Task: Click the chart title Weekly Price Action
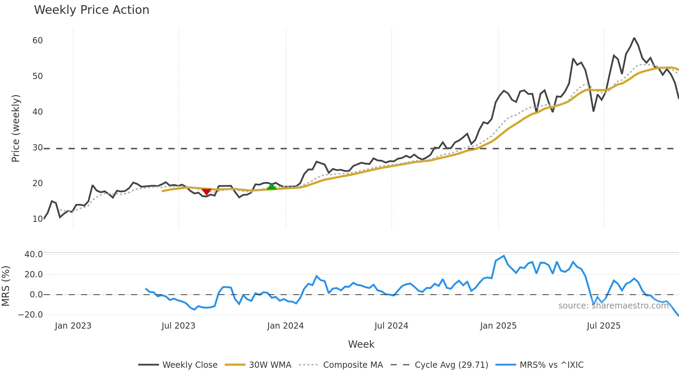pyautogui.click(x=91, y=10)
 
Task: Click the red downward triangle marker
pyautogui.click(x=206, y=191)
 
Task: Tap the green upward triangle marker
pyautogui.click(x=272, y=187)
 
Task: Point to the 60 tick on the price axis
pyautogui.click(x=38, y=41)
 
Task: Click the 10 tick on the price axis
pyautogui.click(x=38, y=219)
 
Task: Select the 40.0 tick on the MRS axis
pyautogui.click(x=34, y=254)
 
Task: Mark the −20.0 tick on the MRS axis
pyautogui.click(x=31, y=315)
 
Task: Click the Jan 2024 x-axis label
pyautogui.click(x=285, y=326)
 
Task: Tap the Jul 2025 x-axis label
pyautogui.click(x=603, y=326)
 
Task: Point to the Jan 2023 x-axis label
pyautogui.click(x=73, y=326)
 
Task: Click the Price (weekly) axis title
pyautogui.click(x=16, y=128)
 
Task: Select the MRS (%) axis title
pyautogui.click(x=6, y=286)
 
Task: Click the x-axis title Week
pyautogui.click(x=361, y=344)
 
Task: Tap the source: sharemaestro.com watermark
pyautogui.click(x=613, y=306)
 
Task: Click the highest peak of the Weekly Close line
pyautogui.click(x=634, y=38)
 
